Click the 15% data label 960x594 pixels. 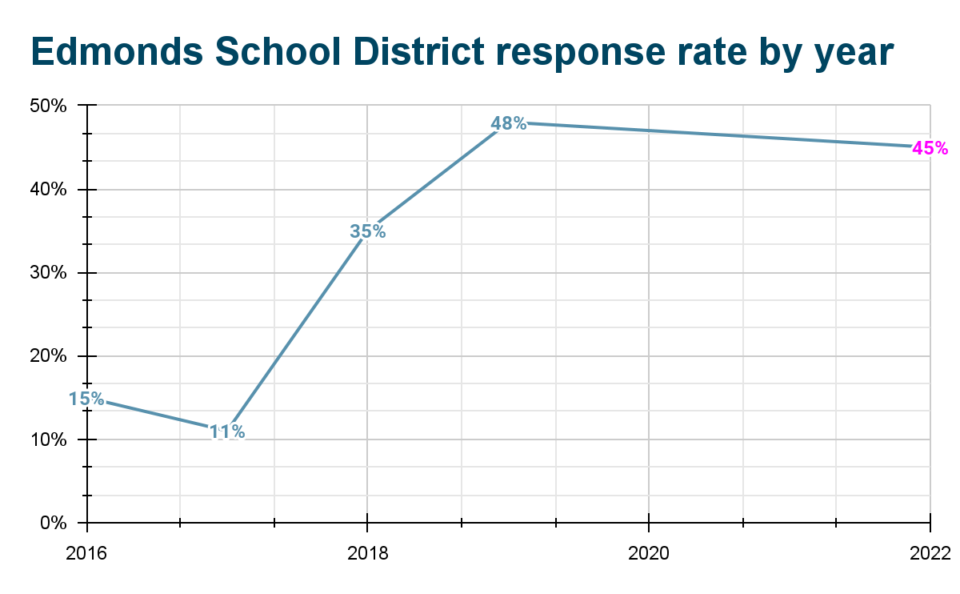click(x=86, y=399)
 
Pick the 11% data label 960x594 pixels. click(x=227, y=432)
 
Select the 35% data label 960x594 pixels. click(x=368, y=232)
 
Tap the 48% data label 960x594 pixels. click(x=509, y=124)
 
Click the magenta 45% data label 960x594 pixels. click(x=930, y=148)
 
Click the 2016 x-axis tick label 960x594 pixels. click(x=86, y=552)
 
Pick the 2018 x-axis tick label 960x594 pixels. click(x=367, y=552)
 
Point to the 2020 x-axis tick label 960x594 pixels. click(x=649, y=552)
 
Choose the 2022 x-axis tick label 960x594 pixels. click(x=930, y=552)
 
